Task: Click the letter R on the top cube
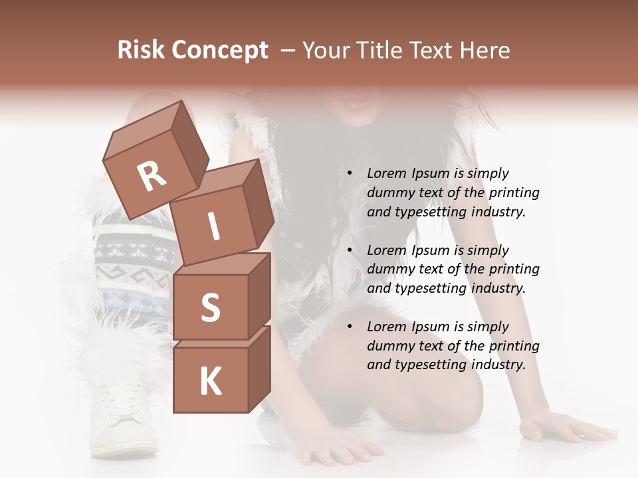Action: tap(152, 177)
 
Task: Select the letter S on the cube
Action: tap(211, 307)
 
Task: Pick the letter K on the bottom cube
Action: tap(211, 381)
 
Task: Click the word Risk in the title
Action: tap(140, 50)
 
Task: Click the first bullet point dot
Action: tap(349, 173)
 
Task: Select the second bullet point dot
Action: tap(349, 250)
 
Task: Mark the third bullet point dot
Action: tap(349, 327)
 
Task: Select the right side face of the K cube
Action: tap(259, 368)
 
